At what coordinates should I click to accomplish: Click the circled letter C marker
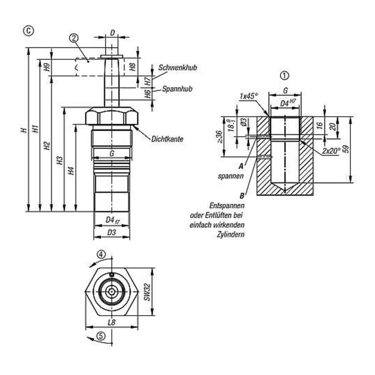click(29, 31)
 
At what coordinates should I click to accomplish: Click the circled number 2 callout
click(74, 38)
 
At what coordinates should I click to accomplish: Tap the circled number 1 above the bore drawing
click(284, 76)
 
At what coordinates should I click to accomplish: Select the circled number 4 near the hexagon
click(101, 254)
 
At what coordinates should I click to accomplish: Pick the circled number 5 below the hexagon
click(101, 336)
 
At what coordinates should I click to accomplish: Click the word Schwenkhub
click(178, 67)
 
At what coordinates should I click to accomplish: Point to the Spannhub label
click(177, 89)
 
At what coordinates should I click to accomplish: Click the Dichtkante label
click(167, 139)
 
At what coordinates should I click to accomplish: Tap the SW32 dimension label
click(147, 292)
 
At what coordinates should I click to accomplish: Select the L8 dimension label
click(111, 322)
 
